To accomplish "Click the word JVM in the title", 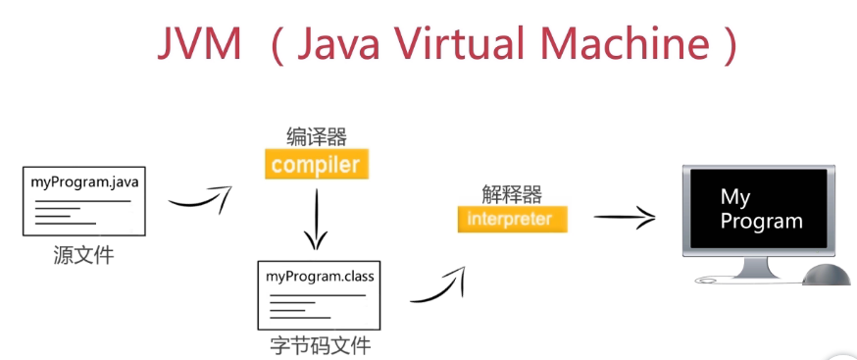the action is (199, 43).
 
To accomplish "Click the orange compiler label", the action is (317, 164).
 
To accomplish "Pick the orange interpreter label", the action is (513, 219).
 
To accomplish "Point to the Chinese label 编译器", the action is (317, 136).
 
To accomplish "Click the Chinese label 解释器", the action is (512, 194).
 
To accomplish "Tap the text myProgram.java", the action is (84, 182).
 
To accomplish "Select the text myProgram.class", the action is (320, 277).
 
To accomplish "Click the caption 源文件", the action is (83, 255).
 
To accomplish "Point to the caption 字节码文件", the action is (321, 346).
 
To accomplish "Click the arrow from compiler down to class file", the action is (316, 219).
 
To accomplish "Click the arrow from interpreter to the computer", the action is (625, 218).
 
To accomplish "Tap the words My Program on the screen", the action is (761, 209).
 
